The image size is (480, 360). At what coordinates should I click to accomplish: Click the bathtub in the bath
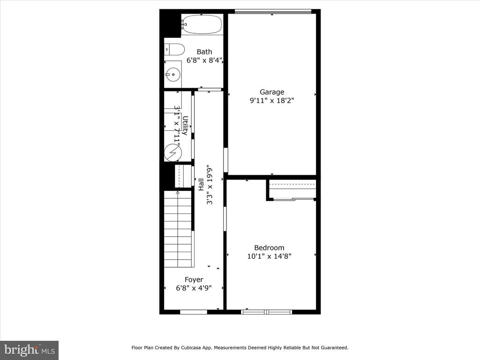202,24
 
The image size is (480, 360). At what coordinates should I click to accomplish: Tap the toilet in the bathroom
174,50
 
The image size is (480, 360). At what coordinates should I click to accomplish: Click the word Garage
272,92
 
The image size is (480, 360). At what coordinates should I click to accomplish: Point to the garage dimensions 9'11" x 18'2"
272,100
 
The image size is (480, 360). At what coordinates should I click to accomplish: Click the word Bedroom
269,247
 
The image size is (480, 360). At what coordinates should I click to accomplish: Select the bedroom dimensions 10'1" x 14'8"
269,256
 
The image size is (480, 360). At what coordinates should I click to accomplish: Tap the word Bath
204,52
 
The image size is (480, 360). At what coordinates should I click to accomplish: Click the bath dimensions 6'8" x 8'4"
204,60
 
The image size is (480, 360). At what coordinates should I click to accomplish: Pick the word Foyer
194,280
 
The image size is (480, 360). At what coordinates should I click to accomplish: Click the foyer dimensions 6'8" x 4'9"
194,288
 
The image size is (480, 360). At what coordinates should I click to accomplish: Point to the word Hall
201,184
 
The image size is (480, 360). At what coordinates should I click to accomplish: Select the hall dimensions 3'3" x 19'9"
210,186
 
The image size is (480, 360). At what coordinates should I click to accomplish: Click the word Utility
185,125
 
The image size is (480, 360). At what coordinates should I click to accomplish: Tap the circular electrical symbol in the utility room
172,152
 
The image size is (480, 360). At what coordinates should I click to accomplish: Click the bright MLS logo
29,350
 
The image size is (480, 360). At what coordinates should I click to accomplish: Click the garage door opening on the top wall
273,12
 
